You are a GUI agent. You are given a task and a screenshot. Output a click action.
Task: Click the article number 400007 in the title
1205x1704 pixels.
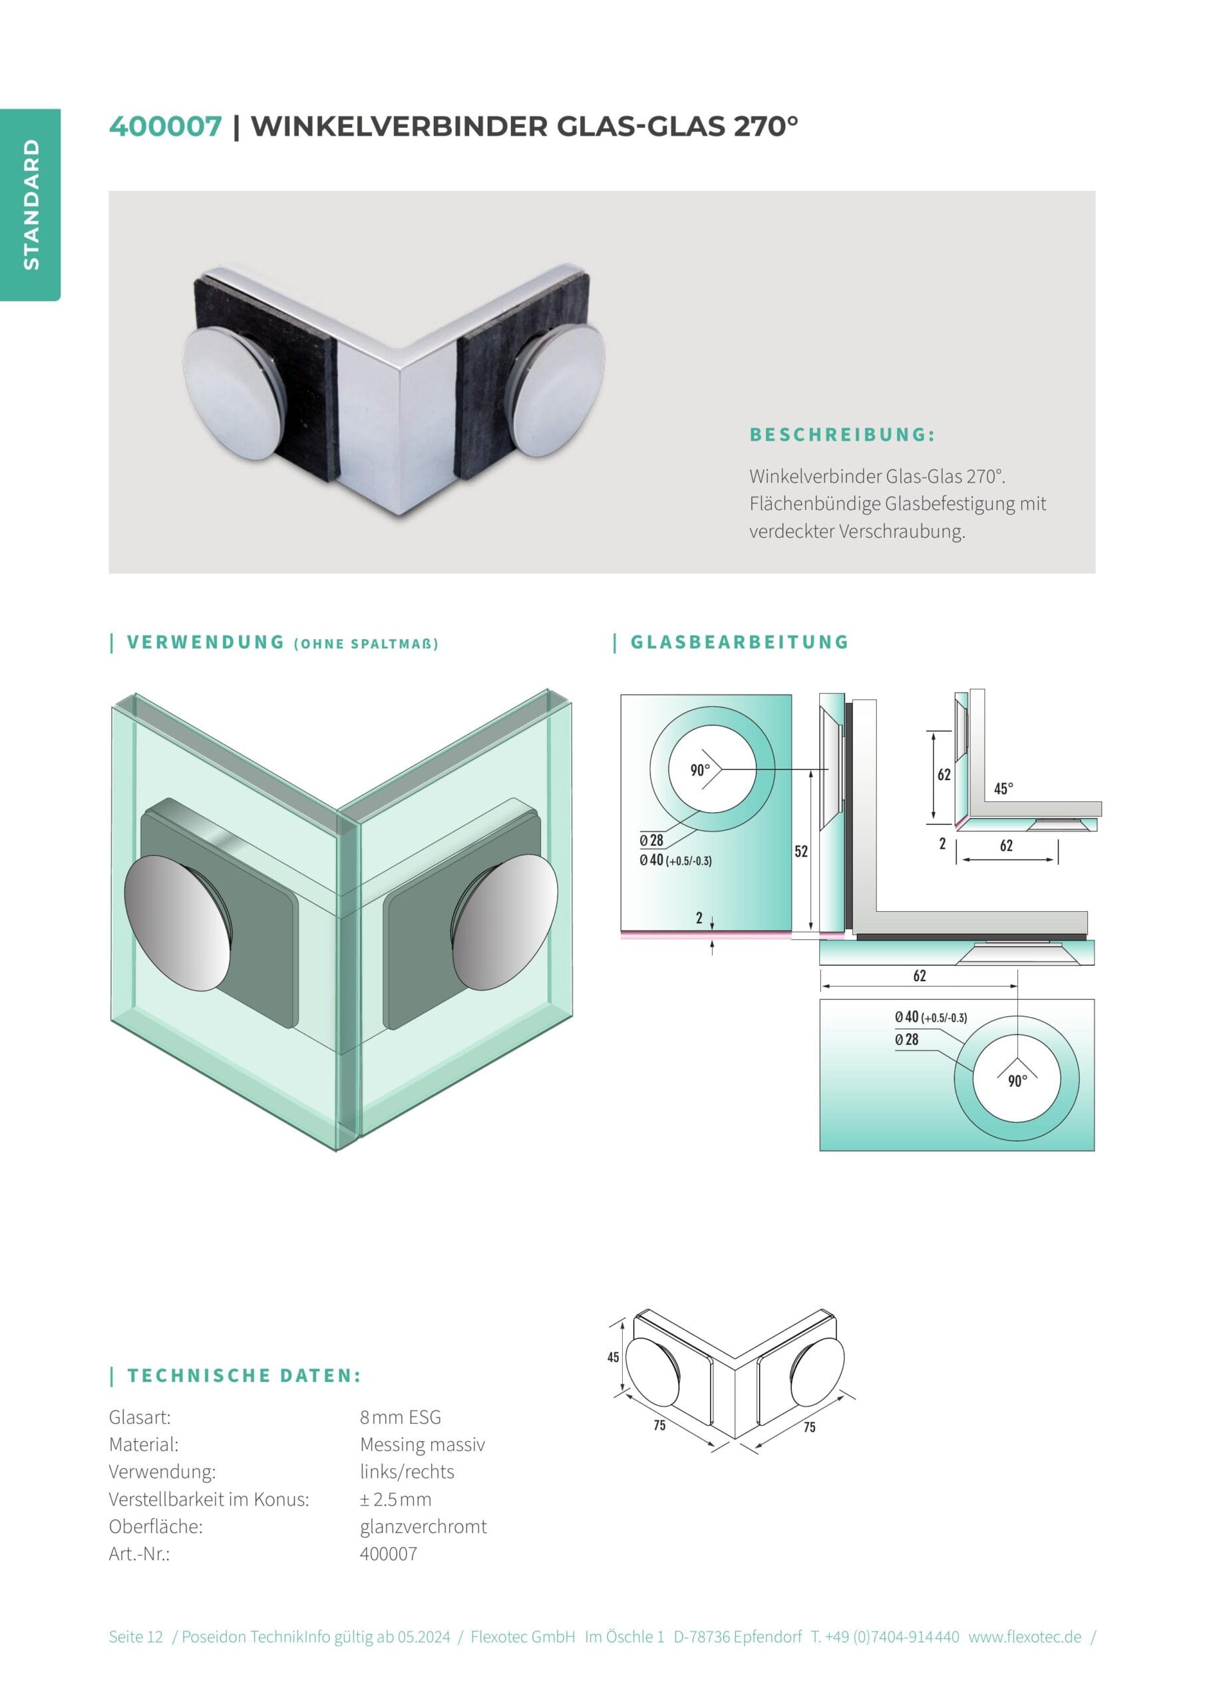tap(166, 126)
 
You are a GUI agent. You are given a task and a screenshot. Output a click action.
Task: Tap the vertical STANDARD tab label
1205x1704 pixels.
tap(31, 204)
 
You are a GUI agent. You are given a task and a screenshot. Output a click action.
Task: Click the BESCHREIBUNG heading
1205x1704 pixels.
tap(842, 434)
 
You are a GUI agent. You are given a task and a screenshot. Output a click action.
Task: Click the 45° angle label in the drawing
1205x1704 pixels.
tap(1003, 788)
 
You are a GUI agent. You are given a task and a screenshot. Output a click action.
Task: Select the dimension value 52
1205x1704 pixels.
tap(800, 851)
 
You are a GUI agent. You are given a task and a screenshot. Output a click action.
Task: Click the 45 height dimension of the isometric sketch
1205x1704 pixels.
tap(613, 1357)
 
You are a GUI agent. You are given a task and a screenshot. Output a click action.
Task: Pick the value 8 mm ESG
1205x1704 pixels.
tap(401, 1417)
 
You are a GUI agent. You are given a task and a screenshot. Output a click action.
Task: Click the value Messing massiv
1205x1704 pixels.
tap(423, 1444)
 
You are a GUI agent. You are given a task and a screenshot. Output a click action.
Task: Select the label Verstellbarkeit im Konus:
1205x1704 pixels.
tap(208, 1498)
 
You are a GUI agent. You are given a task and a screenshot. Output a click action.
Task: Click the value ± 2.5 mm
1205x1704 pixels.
tap(395, 1498)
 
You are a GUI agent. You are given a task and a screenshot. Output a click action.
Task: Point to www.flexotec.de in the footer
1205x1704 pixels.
tap(1025, 1637)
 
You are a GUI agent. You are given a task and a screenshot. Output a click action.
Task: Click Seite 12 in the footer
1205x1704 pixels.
tap(136, 1637)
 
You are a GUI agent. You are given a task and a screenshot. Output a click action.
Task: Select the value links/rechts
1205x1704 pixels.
tap(407, 1471)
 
